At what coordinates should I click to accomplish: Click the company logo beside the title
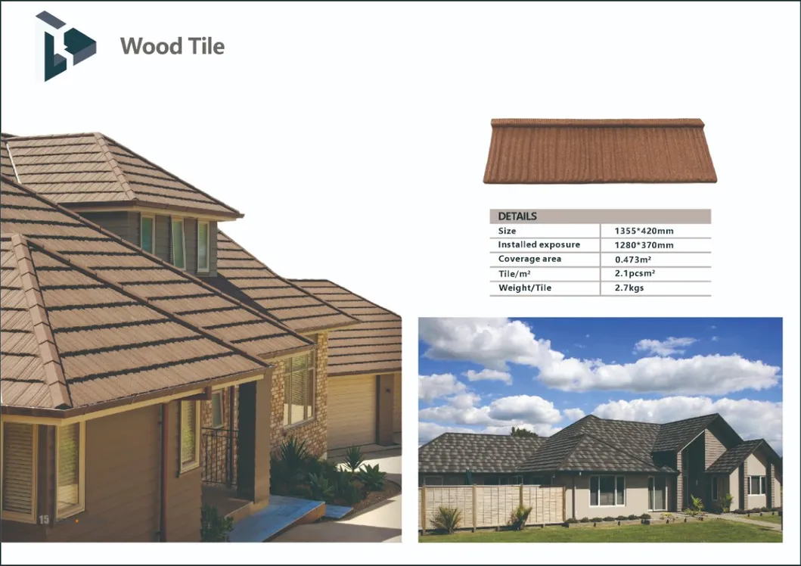point(65,46)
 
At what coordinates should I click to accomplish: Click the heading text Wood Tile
point(172,46)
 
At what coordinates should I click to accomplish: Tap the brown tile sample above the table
point(600,151)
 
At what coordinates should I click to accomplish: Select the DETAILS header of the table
point(517,216)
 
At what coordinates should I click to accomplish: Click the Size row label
point(507,231)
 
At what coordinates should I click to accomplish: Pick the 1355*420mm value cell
point(644,231)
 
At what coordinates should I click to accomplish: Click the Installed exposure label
point(539,244)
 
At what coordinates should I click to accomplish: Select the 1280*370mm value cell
point(644,245)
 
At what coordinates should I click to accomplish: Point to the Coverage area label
point(529,259)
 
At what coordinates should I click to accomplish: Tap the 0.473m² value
point(633,260)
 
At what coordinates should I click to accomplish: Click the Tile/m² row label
point(514,274)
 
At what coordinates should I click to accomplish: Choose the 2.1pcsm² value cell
point(635,273)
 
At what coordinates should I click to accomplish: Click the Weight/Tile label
point(525,288)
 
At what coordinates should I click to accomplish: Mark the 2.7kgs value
point(629,288)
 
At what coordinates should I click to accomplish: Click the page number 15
point(44,520)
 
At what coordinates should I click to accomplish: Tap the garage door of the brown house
point(352,411)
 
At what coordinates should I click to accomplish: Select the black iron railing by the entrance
point(219,457)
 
